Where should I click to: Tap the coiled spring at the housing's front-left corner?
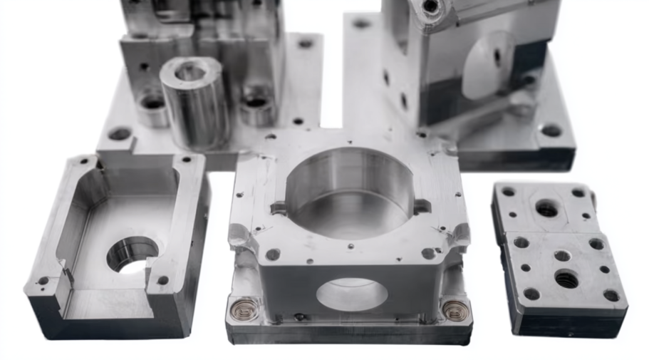(x=244, y=309)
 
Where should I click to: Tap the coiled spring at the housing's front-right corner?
(x=455, y=309)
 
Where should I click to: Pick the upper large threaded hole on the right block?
(x=546, y=208)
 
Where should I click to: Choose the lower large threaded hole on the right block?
(x=566, y=279)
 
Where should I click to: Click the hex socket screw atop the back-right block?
(x=430, y=7)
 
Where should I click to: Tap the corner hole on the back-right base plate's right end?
(x=551, y=130)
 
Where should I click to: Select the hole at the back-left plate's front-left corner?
(x=119, y=133)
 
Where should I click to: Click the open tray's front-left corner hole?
(x=42, y=281)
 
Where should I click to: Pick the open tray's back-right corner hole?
(x=186, y=160)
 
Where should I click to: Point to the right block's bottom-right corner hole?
(x=611, y=295)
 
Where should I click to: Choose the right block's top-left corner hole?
(x=508, y=192)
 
